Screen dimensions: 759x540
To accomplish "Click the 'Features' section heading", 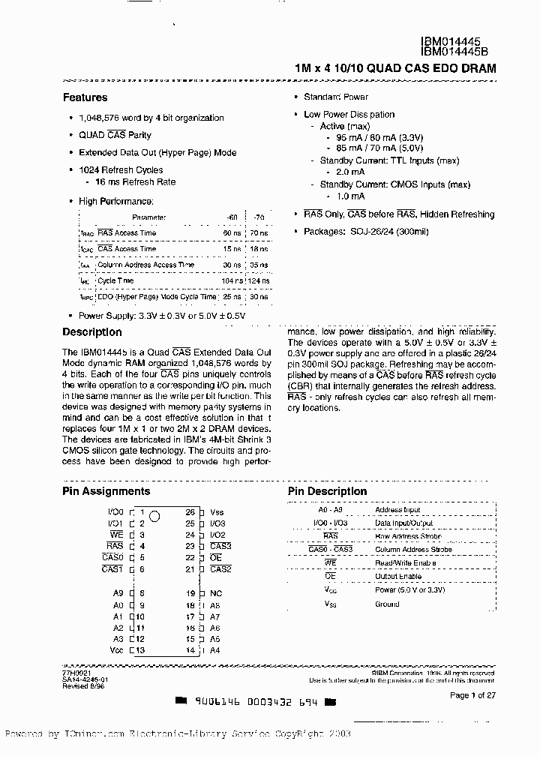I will pyautogui.click(x=85, y=97).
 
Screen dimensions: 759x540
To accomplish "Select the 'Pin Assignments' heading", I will pyautogui.click(x=106, y=491).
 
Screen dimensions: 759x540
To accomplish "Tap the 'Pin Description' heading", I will pyautogui.click(x=327, y=491).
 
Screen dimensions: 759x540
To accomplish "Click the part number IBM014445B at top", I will pyautogui.click(x=456, y=52).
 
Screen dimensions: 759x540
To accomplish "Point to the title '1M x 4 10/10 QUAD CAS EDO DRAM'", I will pyautogui.click(x=395, y=68).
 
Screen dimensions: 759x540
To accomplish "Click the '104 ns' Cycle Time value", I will pyautogui.click(x=232, y=280).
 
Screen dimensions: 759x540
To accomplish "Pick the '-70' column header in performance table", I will pyautogui.click(x=259, y=217).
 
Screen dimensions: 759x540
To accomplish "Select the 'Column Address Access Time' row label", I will pyautogui.click(x=145, y=265).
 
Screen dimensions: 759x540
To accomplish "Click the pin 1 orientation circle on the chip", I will pyautogui.click(x=155, y=515).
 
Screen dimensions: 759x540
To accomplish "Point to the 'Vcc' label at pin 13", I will pyautogui.click(x=115, y=650).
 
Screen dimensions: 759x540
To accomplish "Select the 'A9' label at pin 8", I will pyautogui.click(x=118, y=593).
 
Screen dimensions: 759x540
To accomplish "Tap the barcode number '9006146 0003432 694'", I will pyautogui.click(x=255, y=703).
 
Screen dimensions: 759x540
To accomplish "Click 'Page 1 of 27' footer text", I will pyautogui.click(x=472, y=695).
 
